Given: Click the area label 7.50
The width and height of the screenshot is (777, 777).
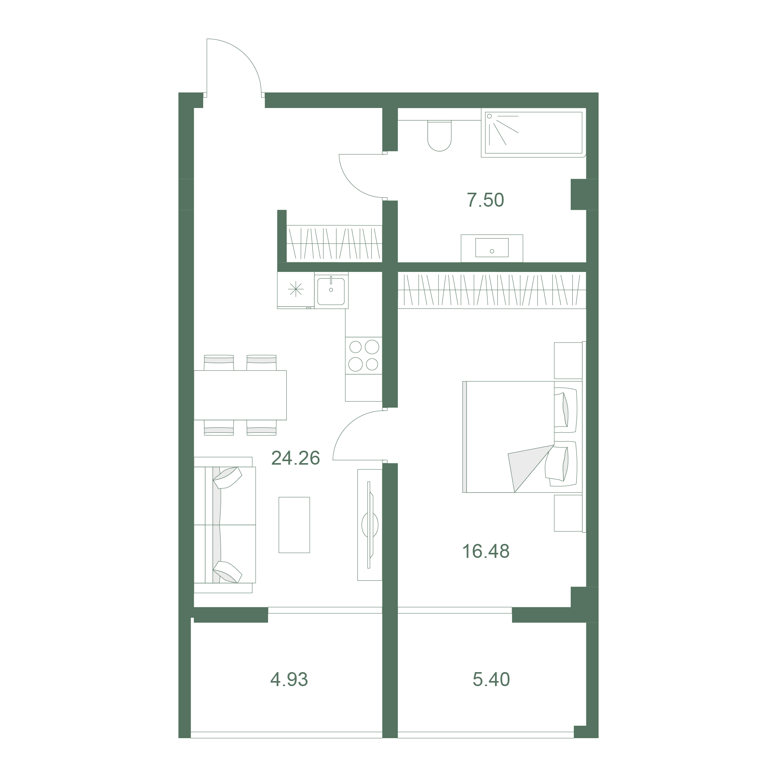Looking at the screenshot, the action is coord(485,200).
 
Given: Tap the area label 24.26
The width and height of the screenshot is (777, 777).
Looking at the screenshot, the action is coord(296,458).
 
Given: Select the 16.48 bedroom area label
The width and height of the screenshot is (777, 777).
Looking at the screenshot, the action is coord(486,551).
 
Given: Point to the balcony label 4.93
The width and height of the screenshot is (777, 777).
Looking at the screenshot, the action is coord(289,679).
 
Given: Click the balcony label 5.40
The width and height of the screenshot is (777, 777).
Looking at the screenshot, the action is coord(491,679).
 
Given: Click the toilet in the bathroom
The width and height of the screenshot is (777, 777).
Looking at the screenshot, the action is coord(439,136).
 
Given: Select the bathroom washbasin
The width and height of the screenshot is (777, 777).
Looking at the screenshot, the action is coord(492,248).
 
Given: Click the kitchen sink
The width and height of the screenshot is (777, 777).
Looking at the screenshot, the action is coord(331,290).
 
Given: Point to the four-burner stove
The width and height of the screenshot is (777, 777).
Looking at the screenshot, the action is coord(364,355).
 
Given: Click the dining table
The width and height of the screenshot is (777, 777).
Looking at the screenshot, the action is coord(240,395).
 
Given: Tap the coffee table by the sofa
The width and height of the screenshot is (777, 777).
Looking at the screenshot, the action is coord(294,525).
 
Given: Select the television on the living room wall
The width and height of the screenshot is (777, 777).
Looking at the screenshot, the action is coord(370,525).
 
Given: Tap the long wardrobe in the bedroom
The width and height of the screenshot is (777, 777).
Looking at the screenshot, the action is coord(492,290).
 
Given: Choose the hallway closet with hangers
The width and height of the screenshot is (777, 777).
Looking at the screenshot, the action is coord(334,244).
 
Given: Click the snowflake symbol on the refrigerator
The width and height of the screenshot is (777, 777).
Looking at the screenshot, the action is coord(296,289).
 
